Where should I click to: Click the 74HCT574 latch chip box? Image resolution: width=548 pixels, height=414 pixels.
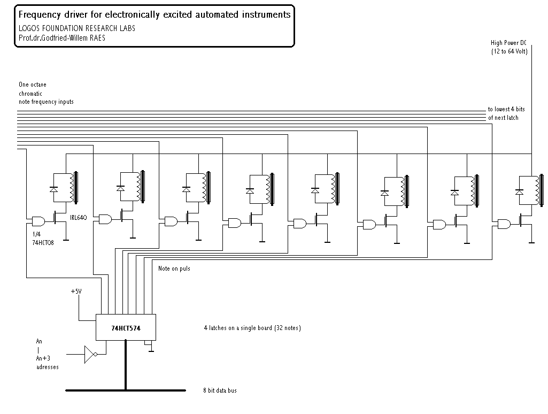tap(126, 327)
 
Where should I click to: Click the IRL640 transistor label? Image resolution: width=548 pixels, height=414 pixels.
tap(78, 218)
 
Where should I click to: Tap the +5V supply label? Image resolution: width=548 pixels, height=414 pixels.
tap(76, 292)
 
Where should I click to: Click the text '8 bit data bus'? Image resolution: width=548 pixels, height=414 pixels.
tap(220, 390)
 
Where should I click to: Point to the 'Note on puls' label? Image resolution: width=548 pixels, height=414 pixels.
tap(174, 269)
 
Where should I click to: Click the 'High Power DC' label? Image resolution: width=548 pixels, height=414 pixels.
tap(508, 43)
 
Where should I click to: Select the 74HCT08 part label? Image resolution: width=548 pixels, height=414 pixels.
tap(43, 243)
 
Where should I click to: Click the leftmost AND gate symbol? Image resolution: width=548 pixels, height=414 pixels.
tap(38, 221)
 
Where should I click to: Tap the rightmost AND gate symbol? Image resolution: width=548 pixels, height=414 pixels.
tap(504, 224)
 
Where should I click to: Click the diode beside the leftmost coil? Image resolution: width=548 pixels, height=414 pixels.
tap(53, 189)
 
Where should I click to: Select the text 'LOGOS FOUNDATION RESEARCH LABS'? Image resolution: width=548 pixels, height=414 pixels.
tap(77, 28)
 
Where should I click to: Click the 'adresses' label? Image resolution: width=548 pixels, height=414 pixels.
tap(48, 367)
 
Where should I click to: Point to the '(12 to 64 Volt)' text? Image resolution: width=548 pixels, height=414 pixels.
tap(510, 51)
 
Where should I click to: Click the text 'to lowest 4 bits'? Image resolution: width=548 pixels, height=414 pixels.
tap(506, 109)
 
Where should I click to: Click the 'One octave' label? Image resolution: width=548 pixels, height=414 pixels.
tap(33, 85)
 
